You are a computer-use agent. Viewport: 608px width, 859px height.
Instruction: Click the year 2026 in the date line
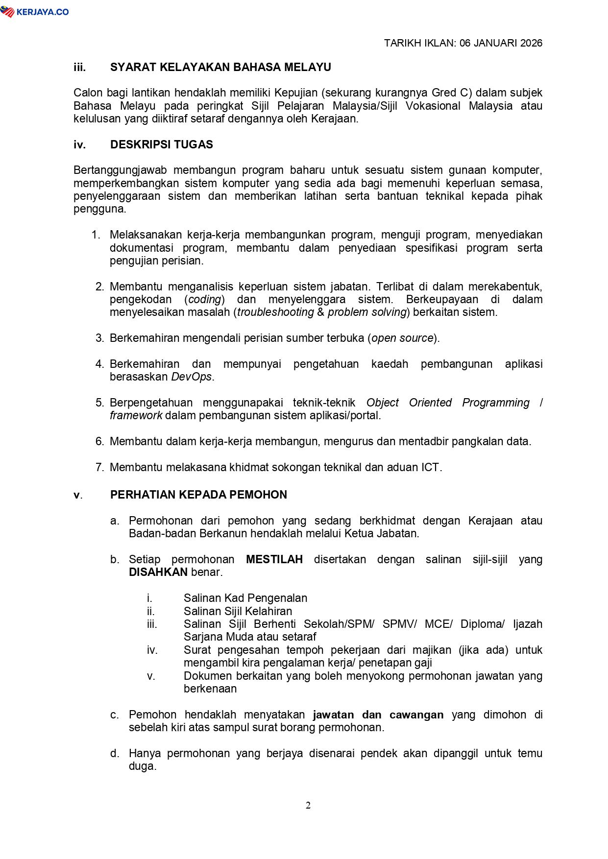(531, 43)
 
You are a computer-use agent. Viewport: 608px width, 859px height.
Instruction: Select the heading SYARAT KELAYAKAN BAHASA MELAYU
(220, 67)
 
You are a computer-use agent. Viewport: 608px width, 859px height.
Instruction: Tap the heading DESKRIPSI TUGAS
(162, 144)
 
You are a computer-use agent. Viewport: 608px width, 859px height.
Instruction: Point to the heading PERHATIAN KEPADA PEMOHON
(198, 495)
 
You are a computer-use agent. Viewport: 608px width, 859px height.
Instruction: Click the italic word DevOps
(192, 377)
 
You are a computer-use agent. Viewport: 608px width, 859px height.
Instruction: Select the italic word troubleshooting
(276, 312)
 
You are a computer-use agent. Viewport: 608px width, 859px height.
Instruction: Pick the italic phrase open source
(403, 338)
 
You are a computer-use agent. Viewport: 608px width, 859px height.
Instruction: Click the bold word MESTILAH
(274, 559)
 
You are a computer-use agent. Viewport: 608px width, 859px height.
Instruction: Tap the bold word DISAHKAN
(158, 572)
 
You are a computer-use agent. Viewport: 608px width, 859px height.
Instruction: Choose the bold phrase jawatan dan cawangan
(378, 715)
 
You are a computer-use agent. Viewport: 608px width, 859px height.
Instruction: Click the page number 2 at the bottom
(308, 806)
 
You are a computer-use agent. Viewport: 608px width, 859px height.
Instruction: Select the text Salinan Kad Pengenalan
(245, 598)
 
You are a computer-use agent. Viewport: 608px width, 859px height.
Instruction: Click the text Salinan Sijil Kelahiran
(238, 611)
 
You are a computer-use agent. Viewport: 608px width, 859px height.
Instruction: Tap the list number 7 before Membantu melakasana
(99, 467)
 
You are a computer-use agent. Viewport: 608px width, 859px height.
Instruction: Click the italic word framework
(136, 415)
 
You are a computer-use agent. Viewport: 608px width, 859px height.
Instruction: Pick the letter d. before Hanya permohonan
(115, 753)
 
